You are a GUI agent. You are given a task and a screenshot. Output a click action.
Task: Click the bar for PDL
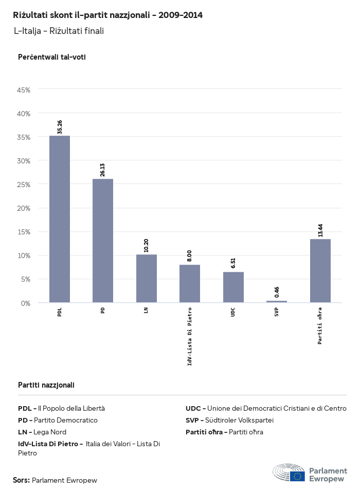click(60, 219)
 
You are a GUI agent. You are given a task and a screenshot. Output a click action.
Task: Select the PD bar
click(103, 241)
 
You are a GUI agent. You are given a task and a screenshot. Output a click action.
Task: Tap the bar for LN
click(147, 278)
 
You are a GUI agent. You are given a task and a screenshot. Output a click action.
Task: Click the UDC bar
click(233, 287)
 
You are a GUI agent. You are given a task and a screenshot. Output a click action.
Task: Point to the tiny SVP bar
click(277, 302)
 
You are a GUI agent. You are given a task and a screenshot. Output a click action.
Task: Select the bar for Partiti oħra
click(320, 270)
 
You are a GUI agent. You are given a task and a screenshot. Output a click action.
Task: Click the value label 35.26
click(60, 127)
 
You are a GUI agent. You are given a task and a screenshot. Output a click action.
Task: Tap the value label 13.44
click(320, 230)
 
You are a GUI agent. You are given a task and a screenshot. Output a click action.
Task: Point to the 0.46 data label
click(277, 292)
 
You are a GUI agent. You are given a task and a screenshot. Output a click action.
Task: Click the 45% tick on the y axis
click(24, 90)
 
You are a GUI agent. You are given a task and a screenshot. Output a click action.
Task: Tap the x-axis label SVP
click(277, 312)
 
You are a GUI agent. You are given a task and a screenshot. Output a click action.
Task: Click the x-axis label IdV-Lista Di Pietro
click(190, 336)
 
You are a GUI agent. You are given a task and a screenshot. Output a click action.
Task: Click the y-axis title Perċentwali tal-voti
click(52, 57)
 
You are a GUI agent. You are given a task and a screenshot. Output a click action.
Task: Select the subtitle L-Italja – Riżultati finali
click(59, 31)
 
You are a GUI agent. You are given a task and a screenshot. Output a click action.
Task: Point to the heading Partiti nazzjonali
click(46, 385)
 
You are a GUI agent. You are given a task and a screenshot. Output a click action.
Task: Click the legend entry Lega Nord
click(42, 432)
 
